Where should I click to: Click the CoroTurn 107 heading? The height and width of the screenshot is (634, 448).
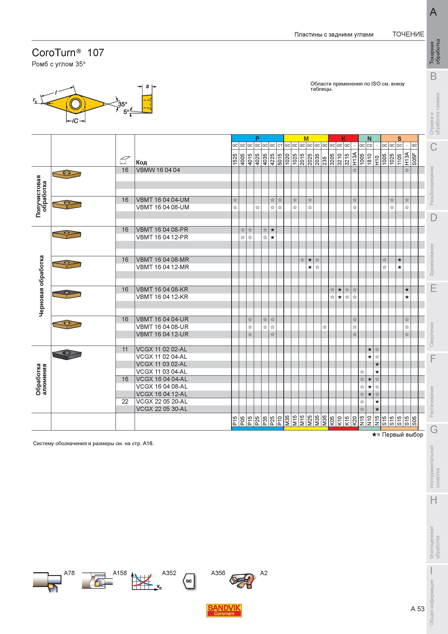(68, 52)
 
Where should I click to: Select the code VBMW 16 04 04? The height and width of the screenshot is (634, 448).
(158, 170)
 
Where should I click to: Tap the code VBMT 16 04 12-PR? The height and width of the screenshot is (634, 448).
(162, 237)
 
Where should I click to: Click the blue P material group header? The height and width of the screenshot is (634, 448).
(257, 138)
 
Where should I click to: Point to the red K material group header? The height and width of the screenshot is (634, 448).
(343, 138)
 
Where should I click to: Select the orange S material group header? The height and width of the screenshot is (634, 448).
(399, 138)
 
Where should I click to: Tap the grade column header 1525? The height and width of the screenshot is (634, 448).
(235, 159)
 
